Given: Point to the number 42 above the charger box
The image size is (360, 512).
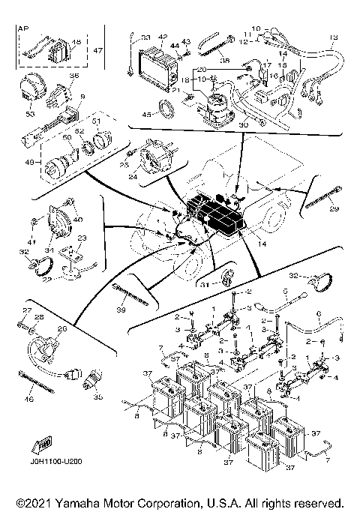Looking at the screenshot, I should [x=163, y=36].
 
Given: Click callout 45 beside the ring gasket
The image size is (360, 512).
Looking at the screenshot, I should [x=145, y=115].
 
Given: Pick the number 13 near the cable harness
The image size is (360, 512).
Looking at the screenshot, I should [x=334, y=37].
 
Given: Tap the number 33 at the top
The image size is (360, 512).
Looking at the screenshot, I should [x=145, y=37].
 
